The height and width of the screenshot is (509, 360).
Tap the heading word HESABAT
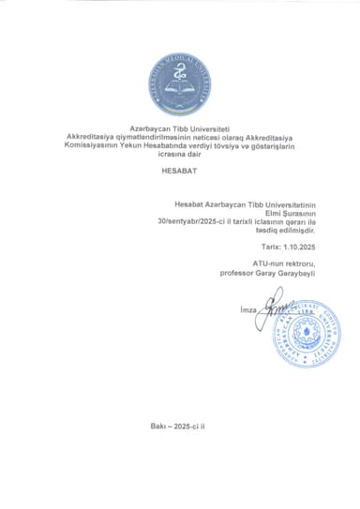tap(180, 171)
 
